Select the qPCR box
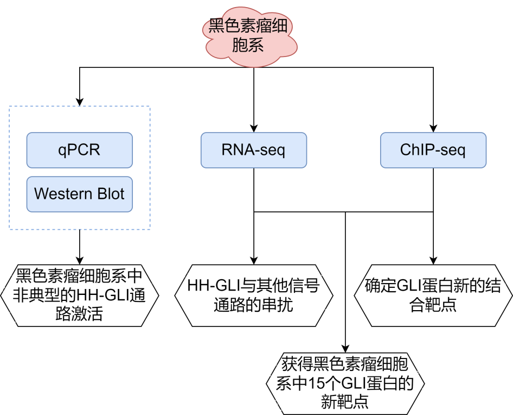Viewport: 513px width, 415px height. [x=79, y=150]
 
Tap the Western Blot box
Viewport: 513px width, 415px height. [x=79, y=194]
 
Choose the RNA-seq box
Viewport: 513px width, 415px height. [x=253, y=150]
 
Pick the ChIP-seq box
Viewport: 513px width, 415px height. [x=433, y=150]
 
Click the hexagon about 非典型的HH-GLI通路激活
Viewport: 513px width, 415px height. [x=79, y=295]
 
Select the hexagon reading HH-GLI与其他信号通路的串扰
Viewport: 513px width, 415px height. [x=253, y=295]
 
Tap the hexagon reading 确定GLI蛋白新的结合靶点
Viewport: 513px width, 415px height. [x=433, y=295]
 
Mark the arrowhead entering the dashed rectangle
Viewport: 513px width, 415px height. [x=80, y=102]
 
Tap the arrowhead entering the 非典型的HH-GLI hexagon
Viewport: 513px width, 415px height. [x=80, y=260]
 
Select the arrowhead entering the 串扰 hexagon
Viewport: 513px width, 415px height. [x=253, y=260]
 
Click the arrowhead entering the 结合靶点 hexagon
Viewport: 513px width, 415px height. [x=433, y=260]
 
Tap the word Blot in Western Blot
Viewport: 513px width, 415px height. [x=111, y=194]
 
